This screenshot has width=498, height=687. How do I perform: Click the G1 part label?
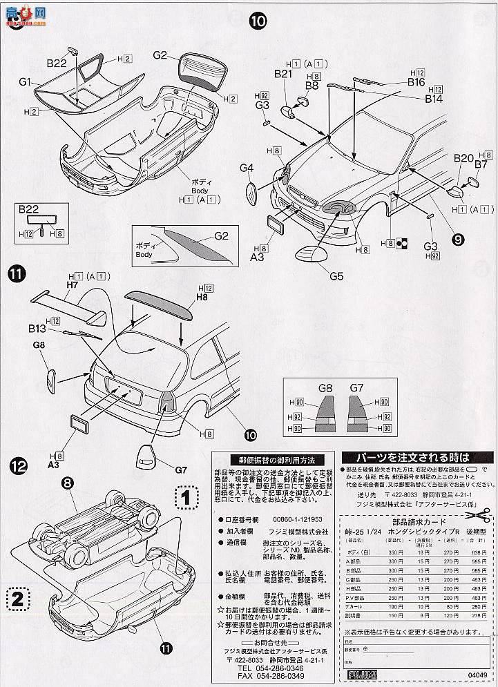26,81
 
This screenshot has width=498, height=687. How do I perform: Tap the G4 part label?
247,168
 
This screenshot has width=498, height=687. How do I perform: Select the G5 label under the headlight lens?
336,277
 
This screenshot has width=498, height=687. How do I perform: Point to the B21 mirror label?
283,74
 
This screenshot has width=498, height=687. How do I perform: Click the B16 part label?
415,82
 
